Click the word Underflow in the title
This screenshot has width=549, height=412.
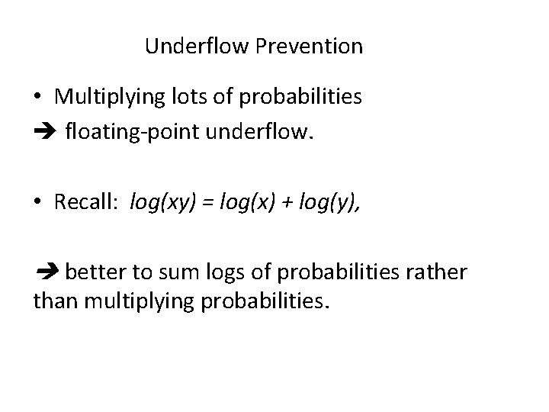197,47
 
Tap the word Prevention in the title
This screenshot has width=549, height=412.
310,47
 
